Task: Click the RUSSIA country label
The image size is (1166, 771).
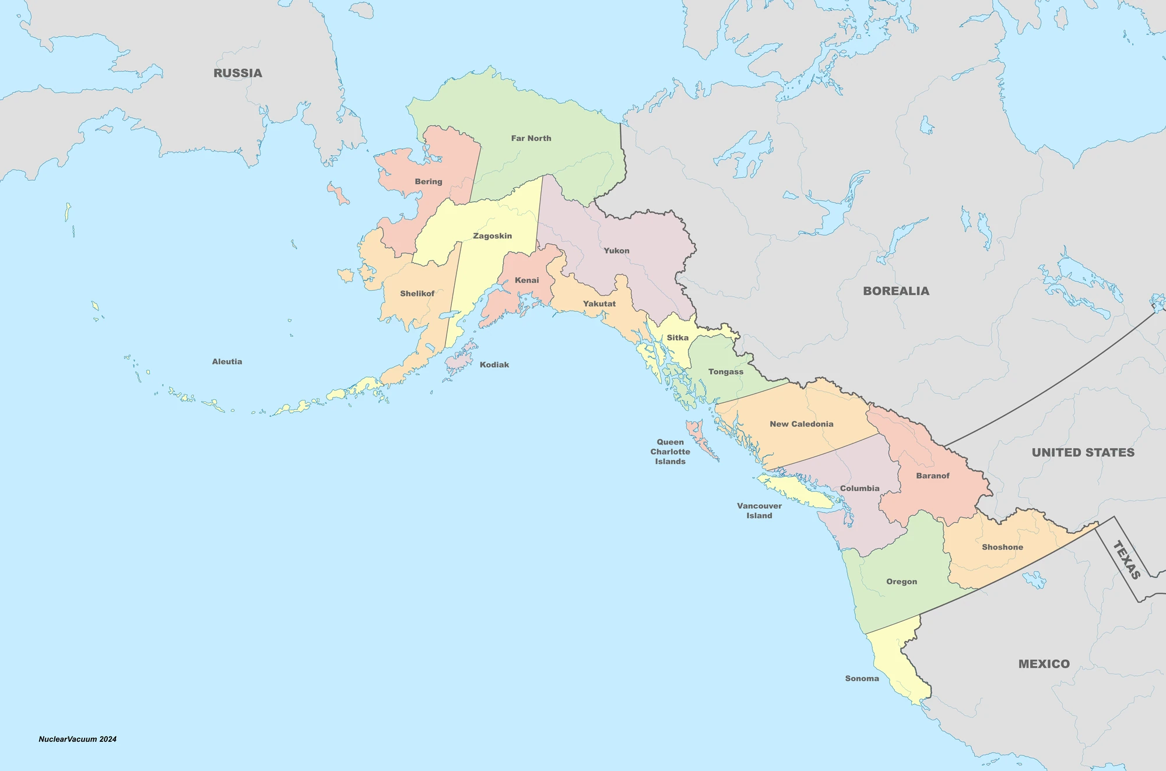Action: pyautogui.click(x=237, y=73)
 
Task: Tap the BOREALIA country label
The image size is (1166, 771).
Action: pyautogui.click(x=896, y=291)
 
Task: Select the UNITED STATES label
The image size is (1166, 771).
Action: pyautogui.click(x=1083, y=453)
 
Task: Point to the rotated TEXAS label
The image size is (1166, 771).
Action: pyautogui.click(x=1126, y=560)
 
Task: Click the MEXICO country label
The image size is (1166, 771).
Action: pyautogui.click(x=1044, y=664)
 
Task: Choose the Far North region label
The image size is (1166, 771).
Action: pyautogui.click(x=531, y=139)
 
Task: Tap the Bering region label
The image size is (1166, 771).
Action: pyautogui.click(x=429, y=182)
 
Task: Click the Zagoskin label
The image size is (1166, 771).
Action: pyautogui.click(x=492, y=236)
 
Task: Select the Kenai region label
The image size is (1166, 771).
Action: pyautogui.click(x=526, y=280)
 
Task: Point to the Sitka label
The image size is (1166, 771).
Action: pyautogui.click(x=677, y=338)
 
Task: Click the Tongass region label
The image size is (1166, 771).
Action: pyautogui.click(x=726, y=372)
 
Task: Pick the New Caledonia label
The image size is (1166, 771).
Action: pyautogui.click(x=801, y=424)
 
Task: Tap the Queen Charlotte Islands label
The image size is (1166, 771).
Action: pyautogui.click(x=670, y=452)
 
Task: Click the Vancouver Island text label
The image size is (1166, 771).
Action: pyautogui.click(x=759, y=511)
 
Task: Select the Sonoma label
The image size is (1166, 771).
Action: pyautogui.click(x=862, y=679)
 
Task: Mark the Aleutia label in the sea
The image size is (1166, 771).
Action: pyautogui.click(x=227, y=362)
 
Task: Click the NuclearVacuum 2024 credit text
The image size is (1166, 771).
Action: pyautogui.click(x=78, y=740)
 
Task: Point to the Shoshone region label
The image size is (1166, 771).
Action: pyautogui.click(x=1002, y=548)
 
